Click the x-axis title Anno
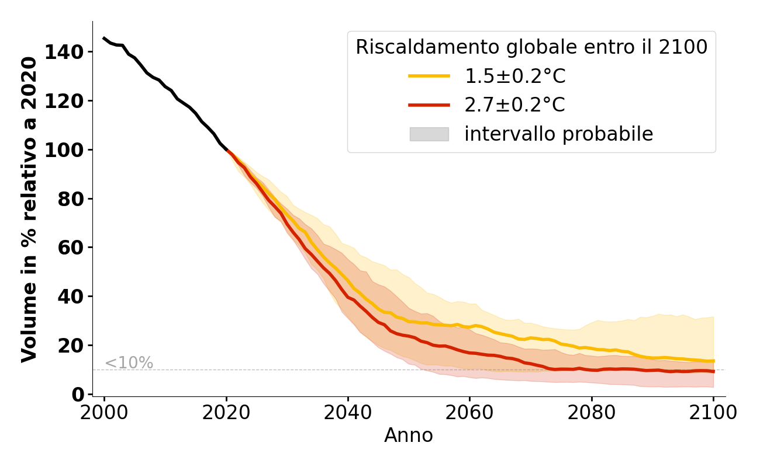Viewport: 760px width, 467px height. (409, 435)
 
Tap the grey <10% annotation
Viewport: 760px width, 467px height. (129, 363)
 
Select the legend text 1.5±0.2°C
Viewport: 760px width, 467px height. (514, 76)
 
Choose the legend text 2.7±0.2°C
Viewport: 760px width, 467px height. (514, 105)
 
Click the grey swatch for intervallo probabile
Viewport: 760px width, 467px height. (429, 134)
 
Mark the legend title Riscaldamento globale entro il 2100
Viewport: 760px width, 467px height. (531, 47)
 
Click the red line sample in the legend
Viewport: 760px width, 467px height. (429, 105)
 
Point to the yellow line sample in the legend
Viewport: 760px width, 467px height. (429, 76)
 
